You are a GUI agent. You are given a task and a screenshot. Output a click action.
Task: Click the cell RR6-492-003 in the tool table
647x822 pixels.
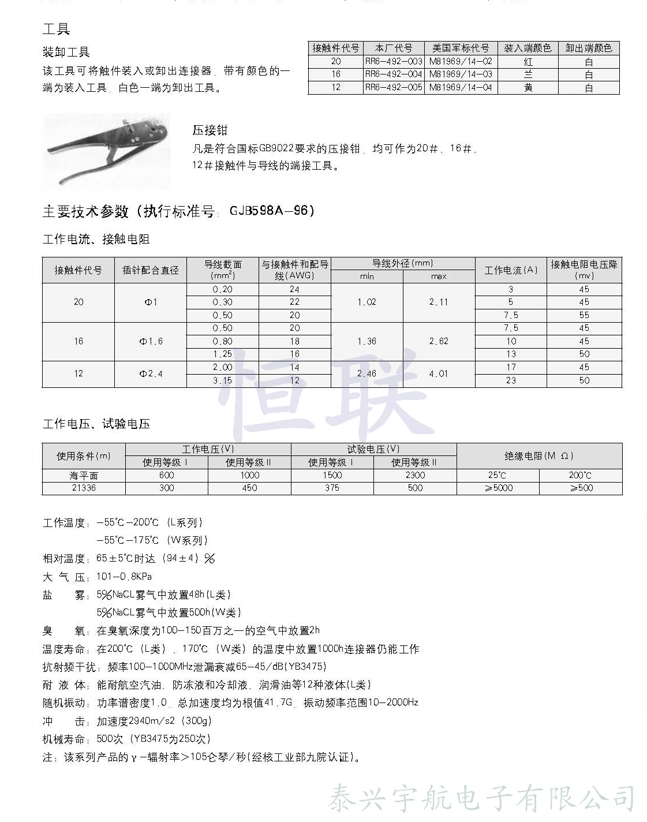(394, 61)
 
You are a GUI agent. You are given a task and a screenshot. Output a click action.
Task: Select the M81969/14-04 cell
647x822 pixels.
(461, 88)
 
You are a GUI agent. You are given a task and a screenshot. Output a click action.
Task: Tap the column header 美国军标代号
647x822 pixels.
(461, 48)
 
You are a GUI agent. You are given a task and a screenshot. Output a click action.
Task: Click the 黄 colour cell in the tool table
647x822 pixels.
(528, 88)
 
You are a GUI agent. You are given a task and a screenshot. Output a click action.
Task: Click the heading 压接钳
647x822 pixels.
(210, 130)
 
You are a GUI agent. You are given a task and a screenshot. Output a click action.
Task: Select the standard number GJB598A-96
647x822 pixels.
(272, 211)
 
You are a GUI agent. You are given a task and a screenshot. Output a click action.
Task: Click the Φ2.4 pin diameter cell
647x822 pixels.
(151, 373)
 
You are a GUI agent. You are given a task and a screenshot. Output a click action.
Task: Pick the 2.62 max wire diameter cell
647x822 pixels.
(439, 341)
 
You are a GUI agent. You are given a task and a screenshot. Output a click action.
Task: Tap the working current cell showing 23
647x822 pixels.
(511, 380)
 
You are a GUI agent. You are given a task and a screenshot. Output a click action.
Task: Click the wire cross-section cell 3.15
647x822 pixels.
(222, 380)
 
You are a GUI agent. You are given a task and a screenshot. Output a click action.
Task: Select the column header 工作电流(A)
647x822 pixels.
(511, 270)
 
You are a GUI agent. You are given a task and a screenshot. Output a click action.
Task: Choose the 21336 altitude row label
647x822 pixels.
(84, 488)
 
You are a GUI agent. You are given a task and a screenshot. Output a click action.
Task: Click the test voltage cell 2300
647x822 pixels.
(415, 475)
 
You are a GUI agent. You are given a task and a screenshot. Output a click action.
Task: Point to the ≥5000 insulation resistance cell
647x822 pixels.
(498, 488)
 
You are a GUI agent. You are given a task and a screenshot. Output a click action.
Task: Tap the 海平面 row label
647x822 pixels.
(84, 475)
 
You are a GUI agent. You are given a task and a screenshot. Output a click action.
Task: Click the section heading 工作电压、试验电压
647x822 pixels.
(96, 424)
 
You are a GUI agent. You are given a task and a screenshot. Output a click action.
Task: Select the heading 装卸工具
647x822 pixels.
(66, 53)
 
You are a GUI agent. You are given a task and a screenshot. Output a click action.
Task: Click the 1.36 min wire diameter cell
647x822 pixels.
(366, 341)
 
